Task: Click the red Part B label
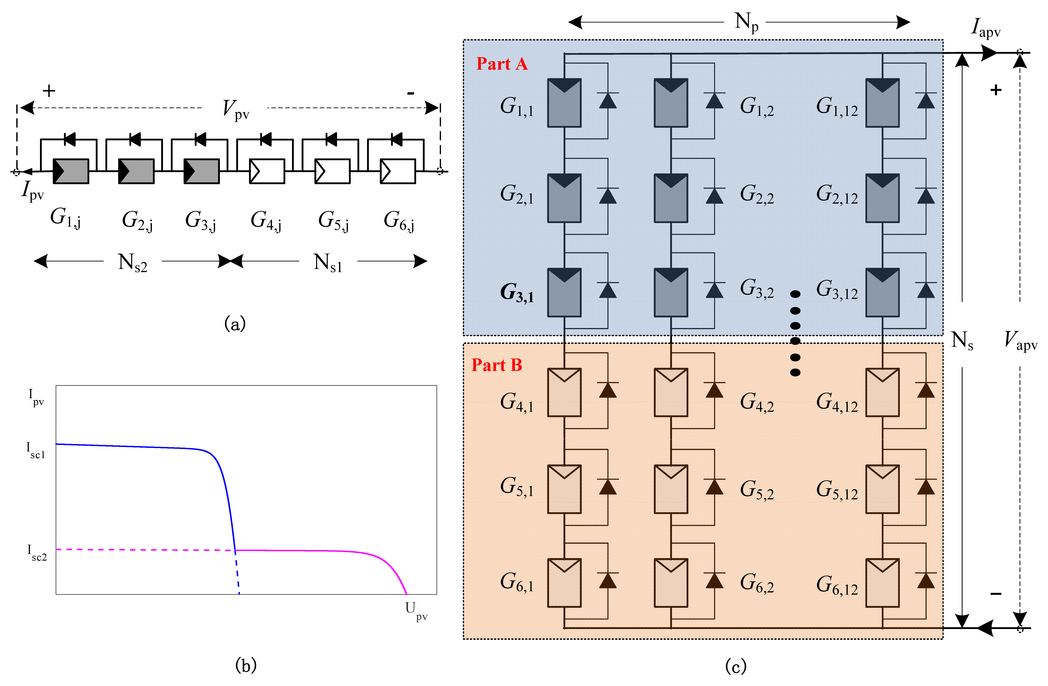pos(497,365)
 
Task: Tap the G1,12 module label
pos(837,107)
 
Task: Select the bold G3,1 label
pos(516,293)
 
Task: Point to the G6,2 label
pos(757,583)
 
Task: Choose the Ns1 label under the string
pos(328,263)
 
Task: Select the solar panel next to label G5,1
pos(564,489)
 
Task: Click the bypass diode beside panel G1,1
pos(608,100)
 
